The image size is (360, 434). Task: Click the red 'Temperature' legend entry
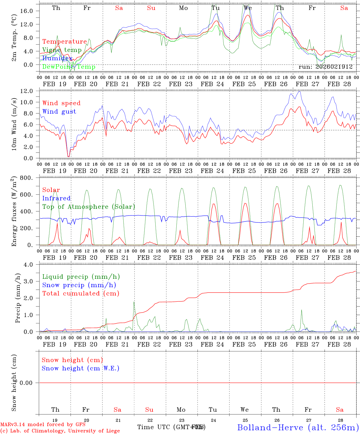[x=65, y=42]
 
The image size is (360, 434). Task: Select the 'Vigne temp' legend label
[x=62, y=50]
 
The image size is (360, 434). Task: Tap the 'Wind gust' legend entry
[x=59, y=112]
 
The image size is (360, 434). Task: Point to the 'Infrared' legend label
[x=56, y=198]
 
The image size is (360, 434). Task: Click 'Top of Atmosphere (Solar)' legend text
[x=89, y=207]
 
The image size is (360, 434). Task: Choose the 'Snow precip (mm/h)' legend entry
[x=79, y=285]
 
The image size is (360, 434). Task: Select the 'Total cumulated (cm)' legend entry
[x=81, y=294]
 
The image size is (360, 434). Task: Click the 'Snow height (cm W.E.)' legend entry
[x=81, y=368]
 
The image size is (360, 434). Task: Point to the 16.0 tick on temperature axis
[x=30, y=11]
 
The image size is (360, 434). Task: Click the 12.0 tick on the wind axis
[x=30, y=91]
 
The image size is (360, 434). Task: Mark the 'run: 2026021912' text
[x=325, y=67]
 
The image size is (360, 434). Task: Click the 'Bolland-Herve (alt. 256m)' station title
[x=298, y=427]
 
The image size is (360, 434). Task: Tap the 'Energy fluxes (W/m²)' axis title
[x=14, y=212]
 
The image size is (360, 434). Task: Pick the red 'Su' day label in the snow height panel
[x=149, y=410]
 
